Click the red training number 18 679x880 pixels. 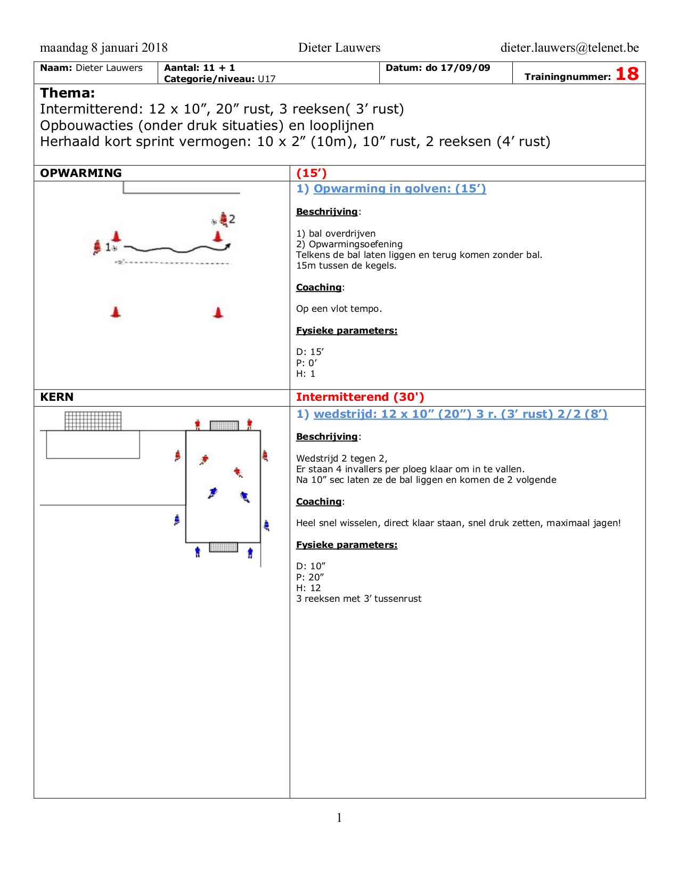coord(627,74)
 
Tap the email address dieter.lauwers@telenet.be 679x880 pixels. coord(569,48)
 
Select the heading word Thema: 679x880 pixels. coord(68,93)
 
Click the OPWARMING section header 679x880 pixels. coord(81,173)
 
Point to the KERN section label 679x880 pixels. coord(57,397)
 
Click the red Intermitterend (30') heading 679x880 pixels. coord(360,397)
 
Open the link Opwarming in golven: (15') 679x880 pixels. coord(399,189)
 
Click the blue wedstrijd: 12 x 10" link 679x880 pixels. coord(460,414)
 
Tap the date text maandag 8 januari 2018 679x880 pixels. coord(104,48)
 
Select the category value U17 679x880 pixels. coord(267,79)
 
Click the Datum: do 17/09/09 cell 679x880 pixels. coord(438,68)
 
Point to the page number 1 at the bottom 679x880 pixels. coord(339,818)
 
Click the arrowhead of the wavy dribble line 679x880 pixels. coord(228,246)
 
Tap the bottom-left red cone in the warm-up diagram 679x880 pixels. coord(116,312)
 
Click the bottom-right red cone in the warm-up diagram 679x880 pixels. coord(218,312)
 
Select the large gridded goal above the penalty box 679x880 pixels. coord(93,421)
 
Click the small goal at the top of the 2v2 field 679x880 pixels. coord(224,425)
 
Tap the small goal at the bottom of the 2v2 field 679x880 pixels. coord(224,547)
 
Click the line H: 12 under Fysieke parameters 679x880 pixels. coord(308,588)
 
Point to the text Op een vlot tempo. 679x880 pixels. coord(339,309)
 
